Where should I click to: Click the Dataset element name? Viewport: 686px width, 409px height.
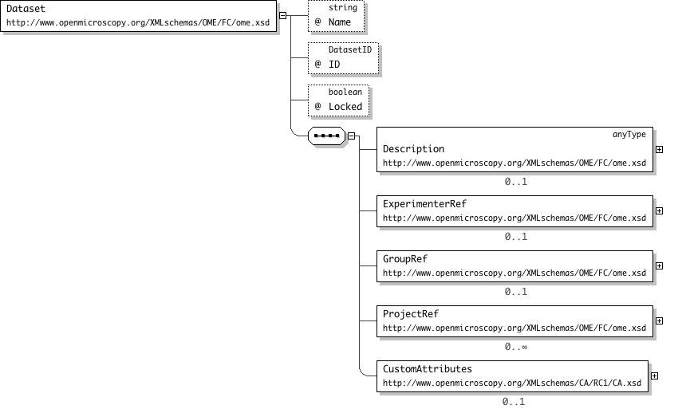click(x=26, y=9)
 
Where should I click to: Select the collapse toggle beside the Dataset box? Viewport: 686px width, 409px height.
click(x=282, y=15)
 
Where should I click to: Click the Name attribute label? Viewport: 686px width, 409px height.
click(x=340, y=22)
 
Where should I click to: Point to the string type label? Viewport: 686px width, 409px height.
click(x=343, y=8)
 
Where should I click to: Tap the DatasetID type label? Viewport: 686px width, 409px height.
click(x=350, y=50)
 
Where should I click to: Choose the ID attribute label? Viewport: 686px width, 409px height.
click(x=334, y=65)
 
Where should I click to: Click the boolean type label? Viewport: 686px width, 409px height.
click(x=345, y=92)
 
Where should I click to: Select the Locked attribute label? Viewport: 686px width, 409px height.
click(x=345, y=107)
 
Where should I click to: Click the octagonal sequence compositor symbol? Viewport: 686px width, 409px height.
click(x=327, y=136)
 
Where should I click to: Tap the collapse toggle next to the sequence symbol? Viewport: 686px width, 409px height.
click(x=351, y=136)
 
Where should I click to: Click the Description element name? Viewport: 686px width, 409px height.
click(x=413, y=149)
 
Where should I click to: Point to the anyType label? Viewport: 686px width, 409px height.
click(x=629, y=134)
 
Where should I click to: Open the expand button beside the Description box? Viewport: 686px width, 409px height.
click(x=660, y=150)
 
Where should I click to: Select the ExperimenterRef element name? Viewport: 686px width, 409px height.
click(x=424, y=204)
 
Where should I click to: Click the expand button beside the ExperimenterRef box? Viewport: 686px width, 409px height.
click(x=660, y=210)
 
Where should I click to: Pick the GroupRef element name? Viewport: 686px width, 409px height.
click(x=404, y=259)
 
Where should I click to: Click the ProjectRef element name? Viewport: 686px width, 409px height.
click(x=410, y=314)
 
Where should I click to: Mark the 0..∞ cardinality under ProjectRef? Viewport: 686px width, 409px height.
click(x=516, y=347)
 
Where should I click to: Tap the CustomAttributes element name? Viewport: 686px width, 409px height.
click(x=427, y=369)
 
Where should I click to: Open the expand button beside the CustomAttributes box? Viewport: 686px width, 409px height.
click(x=655, y=376)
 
